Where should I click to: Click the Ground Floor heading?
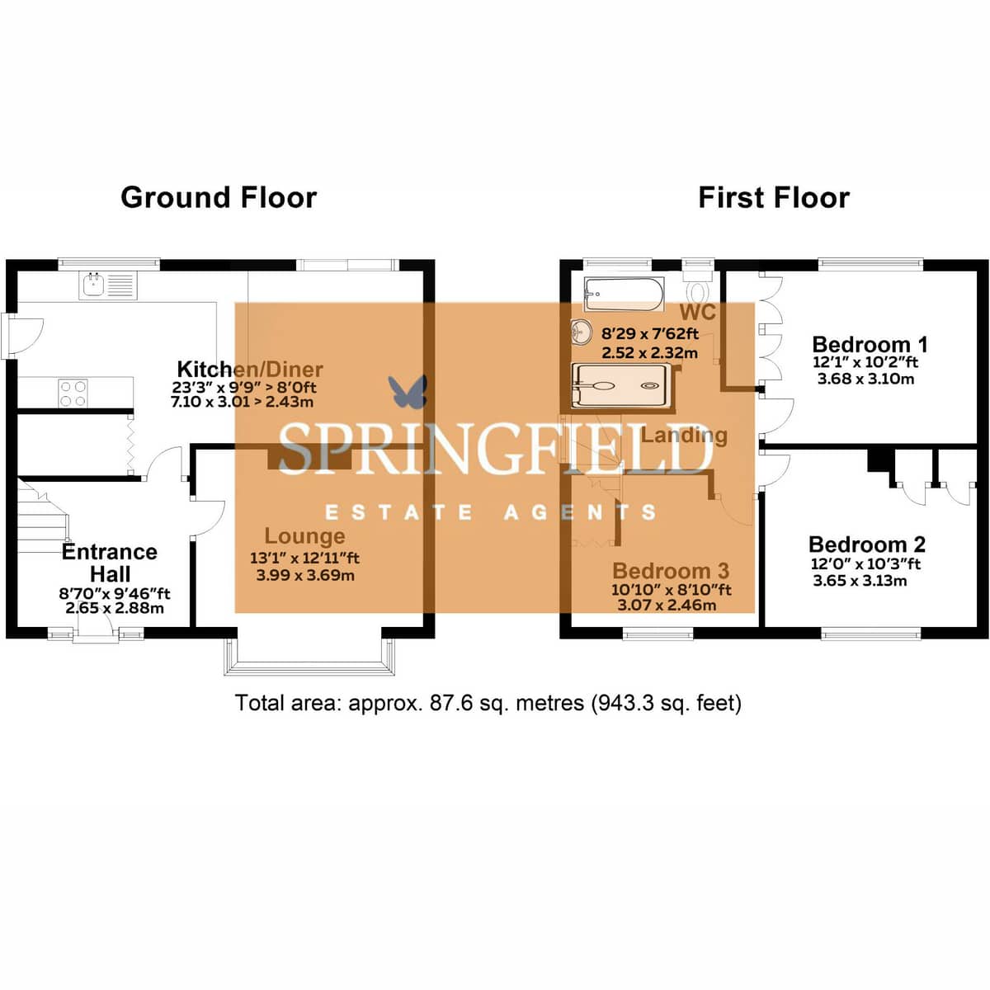(219, 198)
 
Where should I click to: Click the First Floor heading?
(774, 198)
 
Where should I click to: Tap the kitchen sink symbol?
(109, 285)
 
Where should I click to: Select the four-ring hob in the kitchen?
(73, 393)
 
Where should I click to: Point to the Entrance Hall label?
(110, 563)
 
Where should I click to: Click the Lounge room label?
(304, 536)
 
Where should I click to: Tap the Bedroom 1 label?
(870, 344)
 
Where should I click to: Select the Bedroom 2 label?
(867, 544)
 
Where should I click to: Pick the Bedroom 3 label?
(671, 571)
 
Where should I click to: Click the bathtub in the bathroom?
(624, 295)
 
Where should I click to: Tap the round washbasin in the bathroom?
(582, 332)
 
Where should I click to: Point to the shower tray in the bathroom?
(623, 386)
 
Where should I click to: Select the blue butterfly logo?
(408, 392)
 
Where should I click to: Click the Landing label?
(684, 436)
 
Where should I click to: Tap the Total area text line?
(488, 703)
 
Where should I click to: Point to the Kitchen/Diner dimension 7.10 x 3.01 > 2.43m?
(242, 402)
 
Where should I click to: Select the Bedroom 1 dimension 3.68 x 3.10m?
(865, 379)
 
